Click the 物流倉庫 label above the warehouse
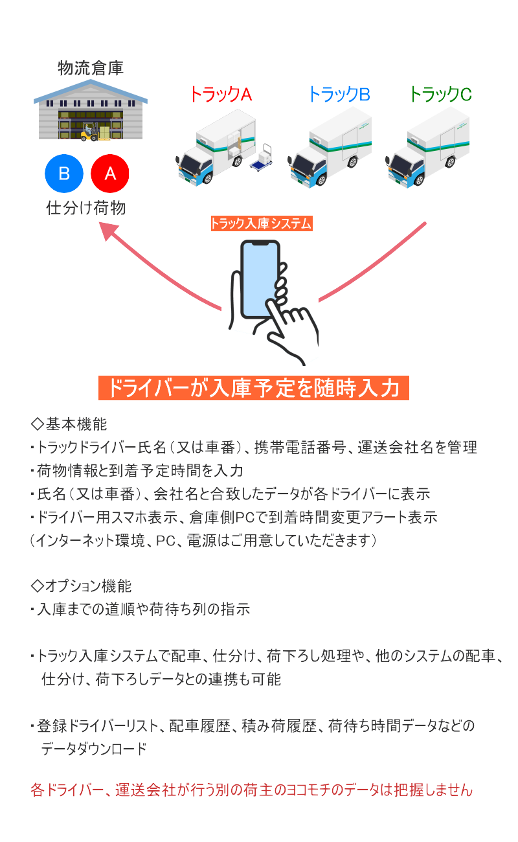tap(90, 68)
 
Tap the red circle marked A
tap(110, 174)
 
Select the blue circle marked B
tap(64, 174)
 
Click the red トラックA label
tap(221, 94)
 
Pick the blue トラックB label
tap(339, 94)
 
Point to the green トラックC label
tap(440, 94)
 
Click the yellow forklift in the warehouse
tap(89, 133)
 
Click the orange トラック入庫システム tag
tap(261, 223)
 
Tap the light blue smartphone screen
tap(260, 279)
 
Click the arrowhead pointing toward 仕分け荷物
tap(108, 231)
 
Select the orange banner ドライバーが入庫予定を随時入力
tap(254, 388)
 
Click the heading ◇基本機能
tap(69, 424)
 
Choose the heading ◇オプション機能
tap(81, 586)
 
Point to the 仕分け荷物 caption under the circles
tap(85, 207)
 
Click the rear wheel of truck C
tap(450, 162)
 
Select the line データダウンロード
tap(94, 748)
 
